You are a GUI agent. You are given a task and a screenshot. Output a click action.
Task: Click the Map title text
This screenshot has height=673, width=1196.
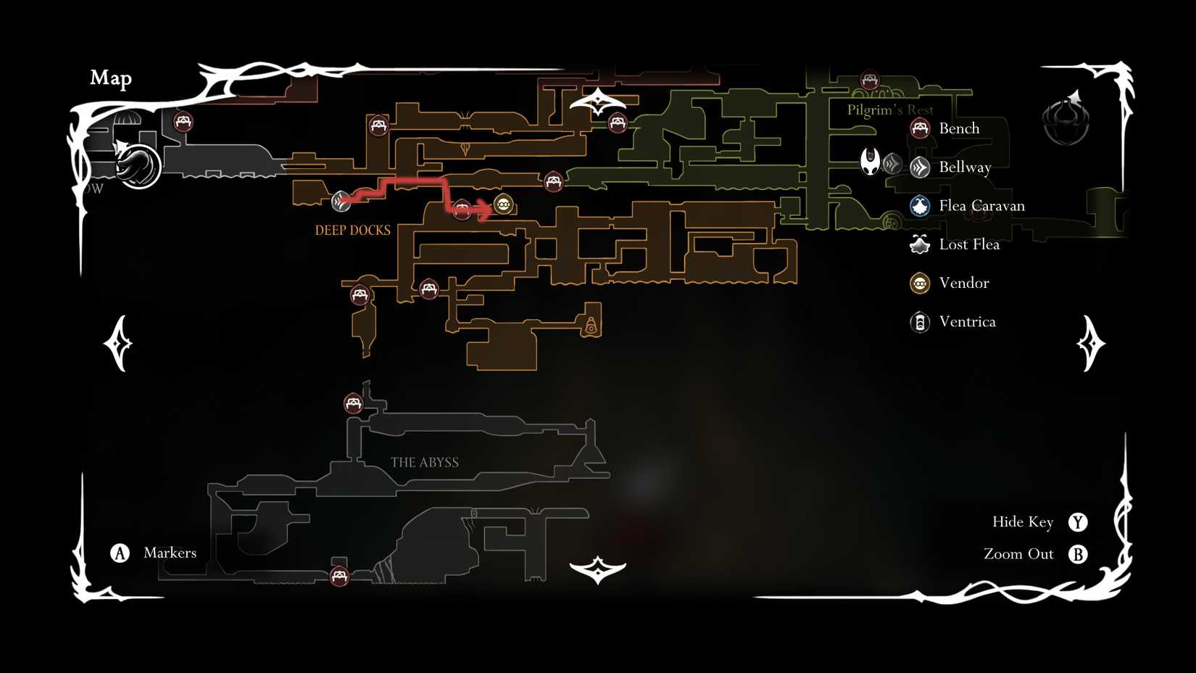(x=111, y=78)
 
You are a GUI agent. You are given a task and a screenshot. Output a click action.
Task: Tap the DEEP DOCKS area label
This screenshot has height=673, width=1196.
(x=352, y=231)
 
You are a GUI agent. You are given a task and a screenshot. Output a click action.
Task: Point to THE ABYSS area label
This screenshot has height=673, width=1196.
(x=424, y=463)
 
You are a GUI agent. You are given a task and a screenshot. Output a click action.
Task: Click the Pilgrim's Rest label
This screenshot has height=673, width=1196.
(x=890, y=110)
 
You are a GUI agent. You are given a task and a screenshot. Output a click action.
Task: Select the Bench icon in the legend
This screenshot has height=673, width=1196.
(x=920, y=128)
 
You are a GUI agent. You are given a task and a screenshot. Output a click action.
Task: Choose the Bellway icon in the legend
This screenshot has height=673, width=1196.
(x=920, y=168)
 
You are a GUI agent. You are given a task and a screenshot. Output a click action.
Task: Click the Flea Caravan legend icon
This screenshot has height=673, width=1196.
(x=920, y=206)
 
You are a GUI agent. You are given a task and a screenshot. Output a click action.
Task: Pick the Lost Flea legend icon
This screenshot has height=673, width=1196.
(x=920, y=244)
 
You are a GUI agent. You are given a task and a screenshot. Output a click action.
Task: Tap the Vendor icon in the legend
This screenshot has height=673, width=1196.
(x=920, y=283)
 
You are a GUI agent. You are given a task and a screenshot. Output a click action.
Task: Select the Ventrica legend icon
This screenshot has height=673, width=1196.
(x=920, y=321)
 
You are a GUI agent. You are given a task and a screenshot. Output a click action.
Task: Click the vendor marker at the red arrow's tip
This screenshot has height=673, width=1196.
(x=504, y=205)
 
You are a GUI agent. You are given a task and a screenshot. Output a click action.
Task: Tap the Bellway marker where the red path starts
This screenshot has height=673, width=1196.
(x=341, y=201)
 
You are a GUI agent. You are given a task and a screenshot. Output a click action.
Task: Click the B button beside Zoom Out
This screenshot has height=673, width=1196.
(x=1078, y=555)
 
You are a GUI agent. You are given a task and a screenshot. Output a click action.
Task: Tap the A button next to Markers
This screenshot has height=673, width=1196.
(x=120, y=553)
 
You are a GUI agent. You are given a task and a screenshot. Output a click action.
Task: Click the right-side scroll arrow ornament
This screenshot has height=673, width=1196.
(x=1090, y=343)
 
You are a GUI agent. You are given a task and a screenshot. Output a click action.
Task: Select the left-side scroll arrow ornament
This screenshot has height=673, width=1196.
(x=119, y=343)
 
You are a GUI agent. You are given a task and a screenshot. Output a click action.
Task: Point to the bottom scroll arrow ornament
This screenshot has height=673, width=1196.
(x=597, y=569)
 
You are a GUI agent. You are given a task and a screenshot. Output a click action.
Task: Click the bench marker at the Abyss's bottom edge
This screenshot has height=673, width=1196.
(x=339, y=577)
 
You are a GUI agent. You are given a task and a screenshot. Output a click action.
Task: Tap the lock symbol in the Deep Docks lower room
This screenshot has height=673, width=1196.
(x=591, y=326)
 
